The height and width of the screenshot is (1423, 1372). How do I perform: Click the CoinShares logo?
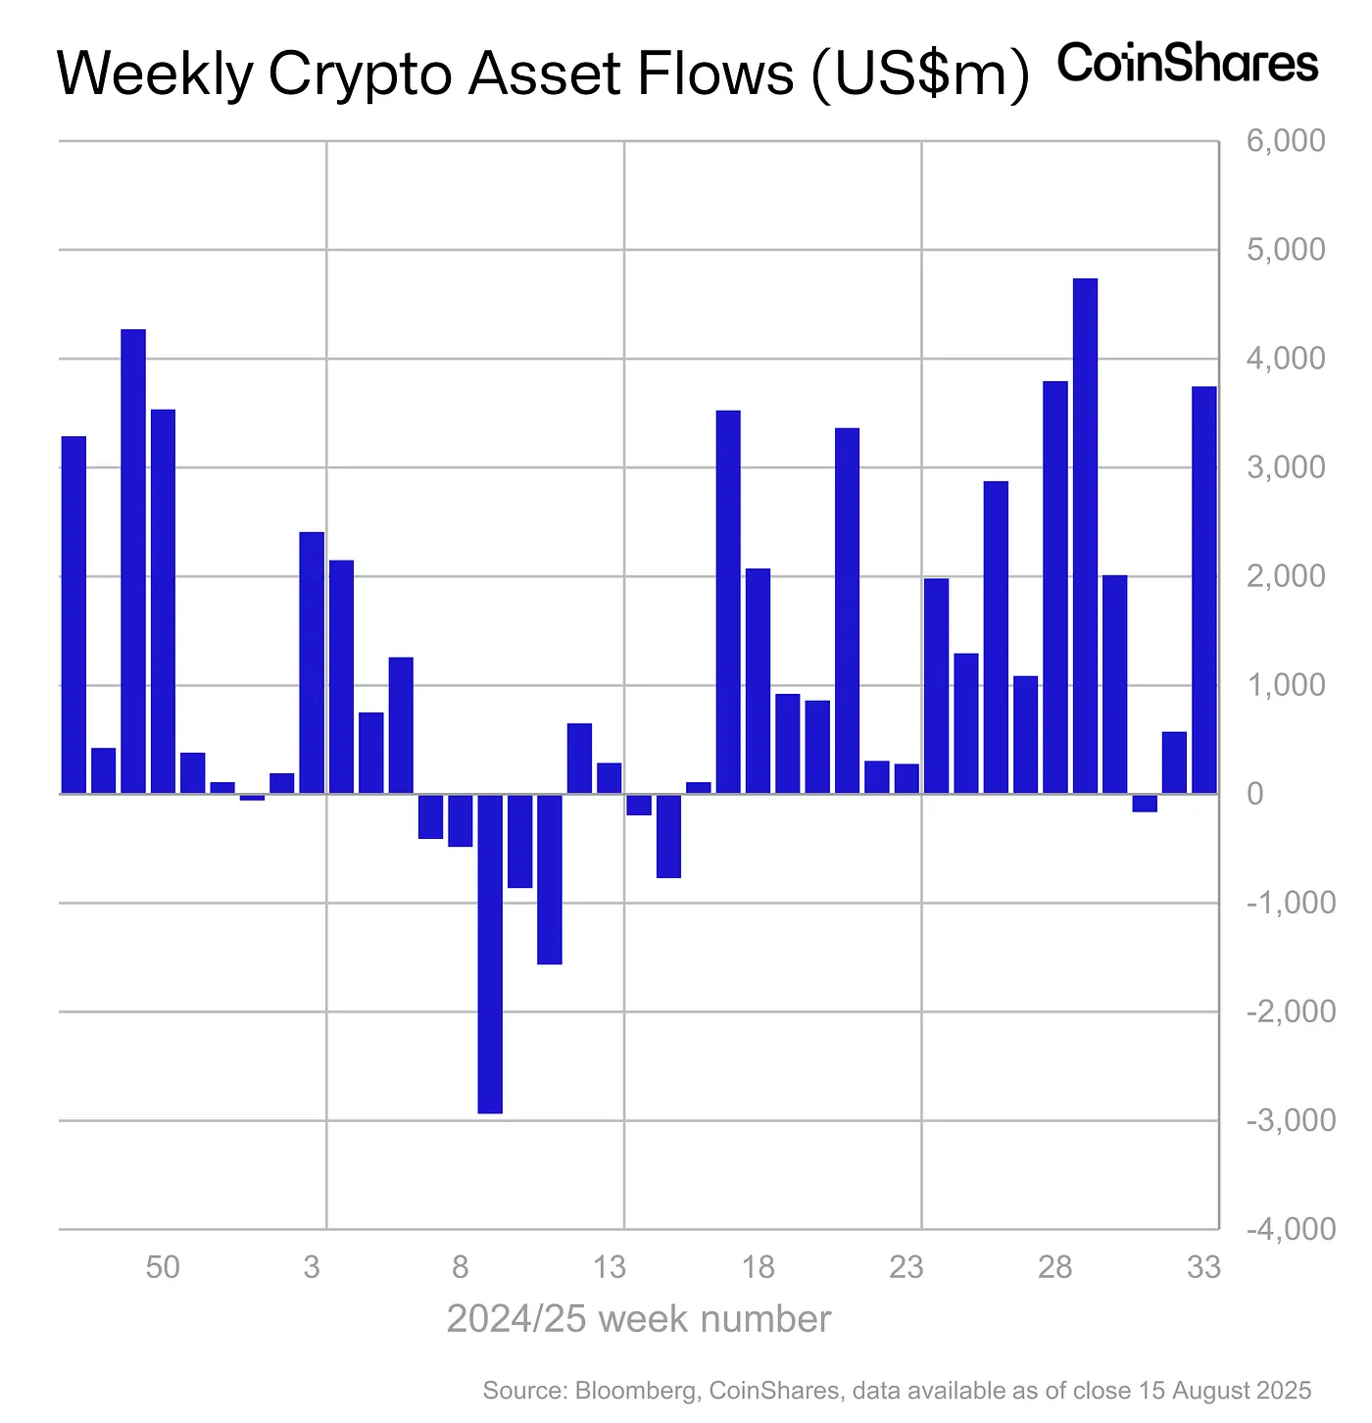[x=1188, y=64]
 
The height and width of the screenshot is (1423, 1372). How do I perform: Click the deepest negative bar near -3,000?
[x=490, y=953]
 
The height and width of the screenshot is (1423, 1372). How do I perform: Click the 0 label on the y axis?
[x=1255, y=794]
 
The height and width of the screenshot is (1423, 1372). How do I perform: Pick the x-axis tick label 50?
[x=163, y=1268]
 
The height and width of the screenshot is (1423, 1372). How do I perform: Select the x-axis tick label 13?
[x=610, y=1268]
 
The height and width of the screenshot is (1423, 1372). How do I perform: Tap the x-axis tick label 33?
[x=1203, y=1268]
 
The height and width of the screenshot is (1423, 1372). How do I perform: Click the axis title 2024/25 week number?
[x=639, y=1319]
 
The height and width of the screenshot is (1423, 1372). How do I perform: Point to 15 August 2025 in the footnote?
[x=1223, y=1391]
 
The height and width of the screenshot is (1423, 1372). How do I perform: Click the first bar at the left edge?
[x=73, y=614]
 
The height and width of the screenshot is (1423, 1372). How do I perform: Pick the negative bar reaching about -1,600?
[x=550, y=879]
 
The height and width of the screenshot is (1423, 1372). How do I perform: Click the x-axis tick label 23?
[x=906, y=1268]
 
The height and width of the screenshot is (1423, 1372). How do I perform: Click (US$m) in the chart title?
[x=919, y=74]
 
